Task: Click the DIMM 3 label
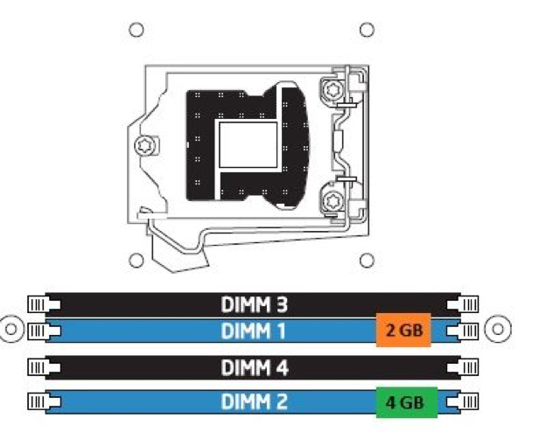point(254,304)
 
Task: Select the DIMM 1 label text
point(254,331)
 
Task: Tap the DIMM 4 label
point(255,368)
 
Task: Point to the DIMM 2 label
point(254,401)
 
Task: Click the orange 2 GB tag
point(403,330)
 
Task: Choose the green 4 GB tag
point(407,402)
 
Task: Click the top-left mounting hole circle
point(136,30)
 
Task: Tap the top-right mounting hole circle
point(367,30)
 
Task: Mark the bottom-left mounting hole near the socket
point(136,261)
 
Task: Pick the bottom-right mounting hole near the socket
point(367,261)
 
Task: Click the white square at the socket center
point(248,144)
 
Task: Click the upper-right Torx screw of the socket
point(332,90)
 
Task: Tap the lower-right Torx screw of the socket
point(332,201)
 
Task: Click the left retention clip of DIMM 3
point(44,304)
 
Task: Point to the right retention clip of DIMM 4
point(462,368)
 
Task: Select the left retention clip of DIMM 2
point(44,401)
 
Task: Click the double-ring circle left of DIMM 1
point(11,329)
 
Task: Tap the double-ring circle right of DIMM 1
point(498,329)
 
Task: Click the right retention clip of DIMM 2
point(462,401)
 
